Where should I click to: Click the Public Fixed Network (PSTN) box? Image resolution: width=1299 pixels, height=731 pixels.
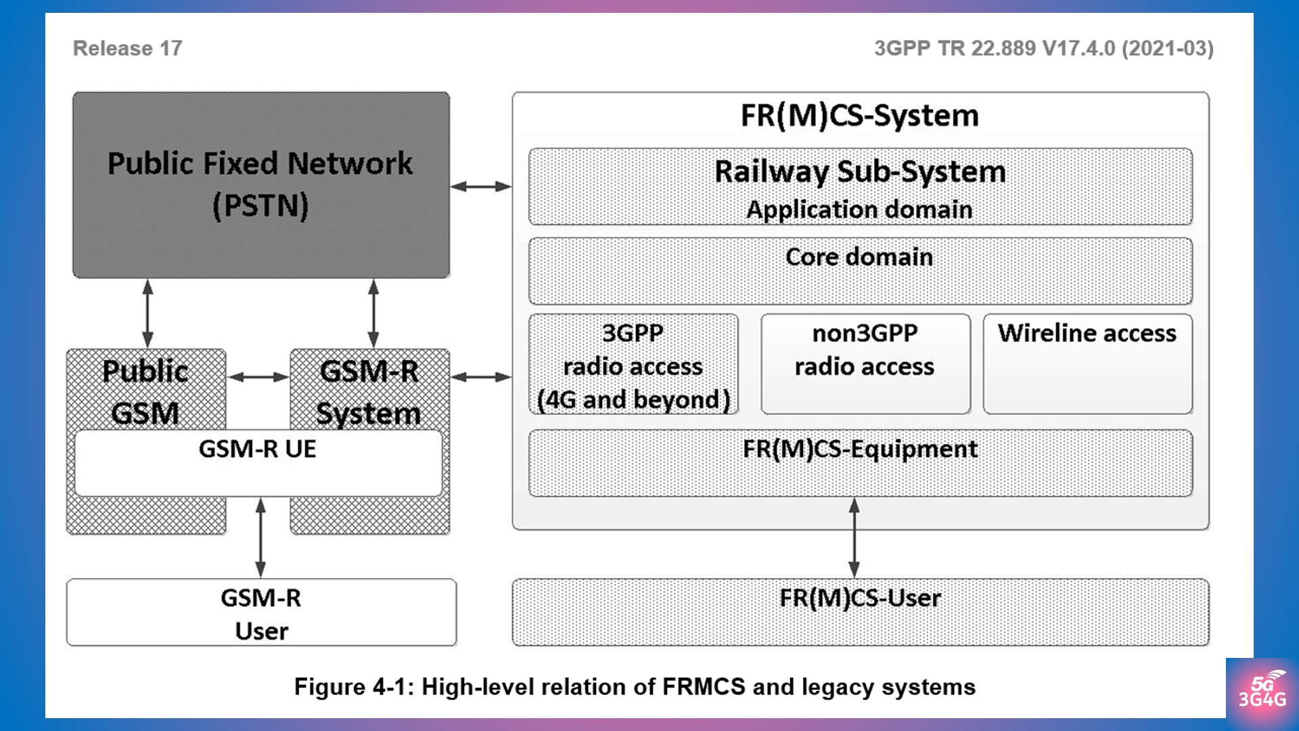(261, 185)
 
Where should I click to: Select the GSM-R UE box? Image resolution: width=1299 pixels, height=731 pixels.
(258, 463)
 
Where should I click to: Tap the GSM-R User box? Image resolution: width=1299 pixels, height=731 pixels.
(261, 613)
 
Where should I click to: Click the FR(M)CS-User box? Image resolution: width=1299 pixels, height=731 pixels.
(860, 613)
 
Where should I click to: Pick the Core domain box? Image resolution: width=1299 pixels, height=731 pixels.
(860, 271)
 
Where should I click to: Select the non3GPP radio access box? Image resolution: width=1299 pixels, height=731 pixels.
(865, 363)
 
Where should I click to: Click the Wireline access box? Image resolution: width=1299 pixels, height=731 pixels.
(1087, 363)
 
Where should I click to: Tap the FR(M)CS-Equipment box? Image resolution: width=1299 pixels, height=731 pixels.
(860, 463)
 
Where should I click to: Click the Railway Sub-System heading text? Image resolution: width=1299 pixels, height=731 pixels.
(860, 172)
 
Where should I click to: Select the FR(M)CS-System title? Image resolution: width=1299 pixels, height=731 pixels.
(860, 115)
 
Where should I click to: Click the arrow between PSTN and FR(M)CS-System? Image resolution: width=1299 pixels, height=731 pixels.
(481, 186)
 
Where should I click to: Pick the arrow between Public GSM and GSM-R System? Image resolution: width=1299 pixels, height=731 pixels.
(258, 377)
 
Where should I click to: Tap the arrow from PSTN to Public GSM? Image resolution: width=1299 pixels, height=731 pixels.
(147, 313)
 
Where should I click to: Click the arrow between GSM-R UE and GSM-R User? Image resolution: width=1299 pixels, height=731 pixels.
(260, 537)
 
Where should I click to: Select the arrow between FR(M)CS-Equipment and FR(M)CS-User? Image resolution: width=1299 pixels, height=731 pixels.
(854, 537)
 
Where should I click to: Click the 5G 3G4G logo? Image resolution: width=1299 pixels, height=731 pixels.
(1262, 692)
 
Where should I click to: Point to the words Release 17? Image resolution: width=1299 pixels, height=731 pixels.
(127, 49)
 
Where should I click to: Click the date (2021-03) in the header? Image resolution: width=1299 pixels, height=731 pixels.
(1167, 49)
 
